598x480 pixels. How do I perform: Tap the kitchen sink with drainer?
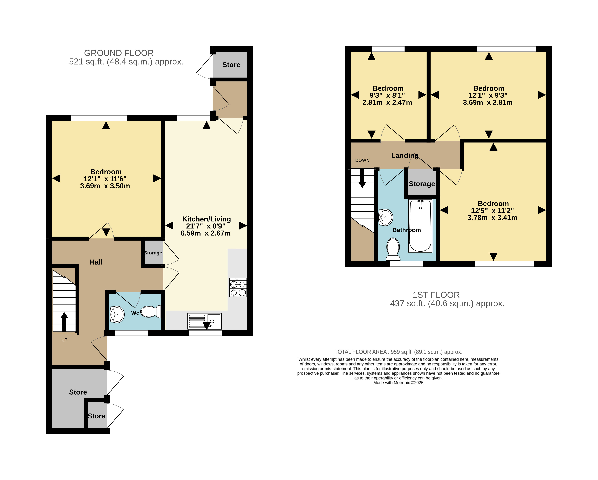click(205, 321)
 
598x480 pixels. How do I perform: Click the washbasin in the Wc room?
click(117, 314)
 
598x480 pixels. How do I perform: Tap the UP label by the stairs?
click(64, 340)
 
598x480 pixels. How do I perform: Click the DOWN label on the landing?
click(362, 160)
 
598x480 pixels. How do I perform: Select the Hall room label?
click(96, 262)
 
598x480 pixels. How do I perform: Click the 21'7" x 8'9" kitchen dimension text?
click(205, 226)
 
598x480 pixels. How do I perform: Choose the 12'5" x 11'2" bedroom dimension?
click(492, 211)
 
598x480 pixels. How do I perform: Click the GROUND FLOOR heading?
click(119, 53)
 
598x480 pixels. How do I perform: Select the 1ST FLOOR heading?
click(436, 295)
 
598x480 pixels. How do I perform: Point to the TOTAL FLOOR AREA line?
click(398, 352)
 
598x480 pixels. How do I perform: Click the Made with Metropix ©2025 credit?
click(398, 383)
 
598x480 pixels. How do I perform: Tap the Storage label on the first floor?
click(422, 184)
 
